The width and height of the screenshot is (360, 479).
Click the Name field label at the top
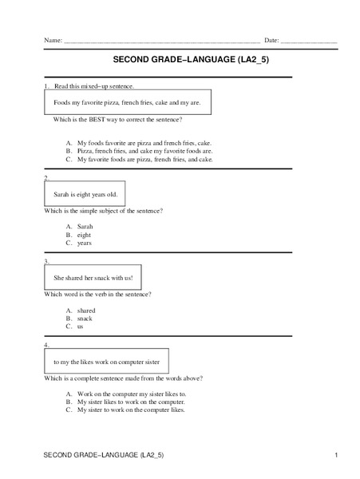pyautogui.click(x=53, y=40)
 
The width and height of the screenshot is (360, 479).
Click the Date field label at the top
pyautogui.click(x=271, y=40)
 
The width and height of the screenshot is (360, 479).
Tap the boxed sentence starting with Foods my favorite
pyautogui.click(x=127, y=103)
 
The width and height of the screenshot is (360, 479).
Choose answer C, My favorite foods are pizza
pyautogui.click(x=144, y=160)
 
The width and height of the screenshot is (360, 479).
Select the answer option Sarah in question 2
pyautogui.click(x=85, y=226)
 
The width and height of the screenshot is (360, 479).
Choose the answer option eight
pyautogui.click(x=85, y=235)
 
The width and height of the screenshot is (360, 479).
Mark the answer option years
pyautogui.click(x=85, y=243)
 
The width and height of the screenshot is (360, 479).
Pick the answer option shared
pyautogui.click(x=86, y=310)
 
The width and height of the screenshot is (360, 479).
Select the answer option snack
pyautogui.click(x=85, y=318)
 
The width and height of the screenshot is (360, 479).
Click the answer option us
pyautogui.click(x=81, y=327)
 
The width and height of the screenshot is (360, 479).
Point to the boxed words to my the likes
pyautogui.click(x=105, y=361)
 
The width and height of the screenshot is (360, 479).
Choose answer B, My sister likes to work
pyautogui.click(x=130, y=402)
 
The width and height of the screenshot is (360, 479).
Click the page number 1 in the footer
pyautogui.click(x=338, y=455)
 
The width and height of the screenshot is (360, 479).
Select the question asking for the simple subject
pyautogui.click(x=104, y=210)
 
